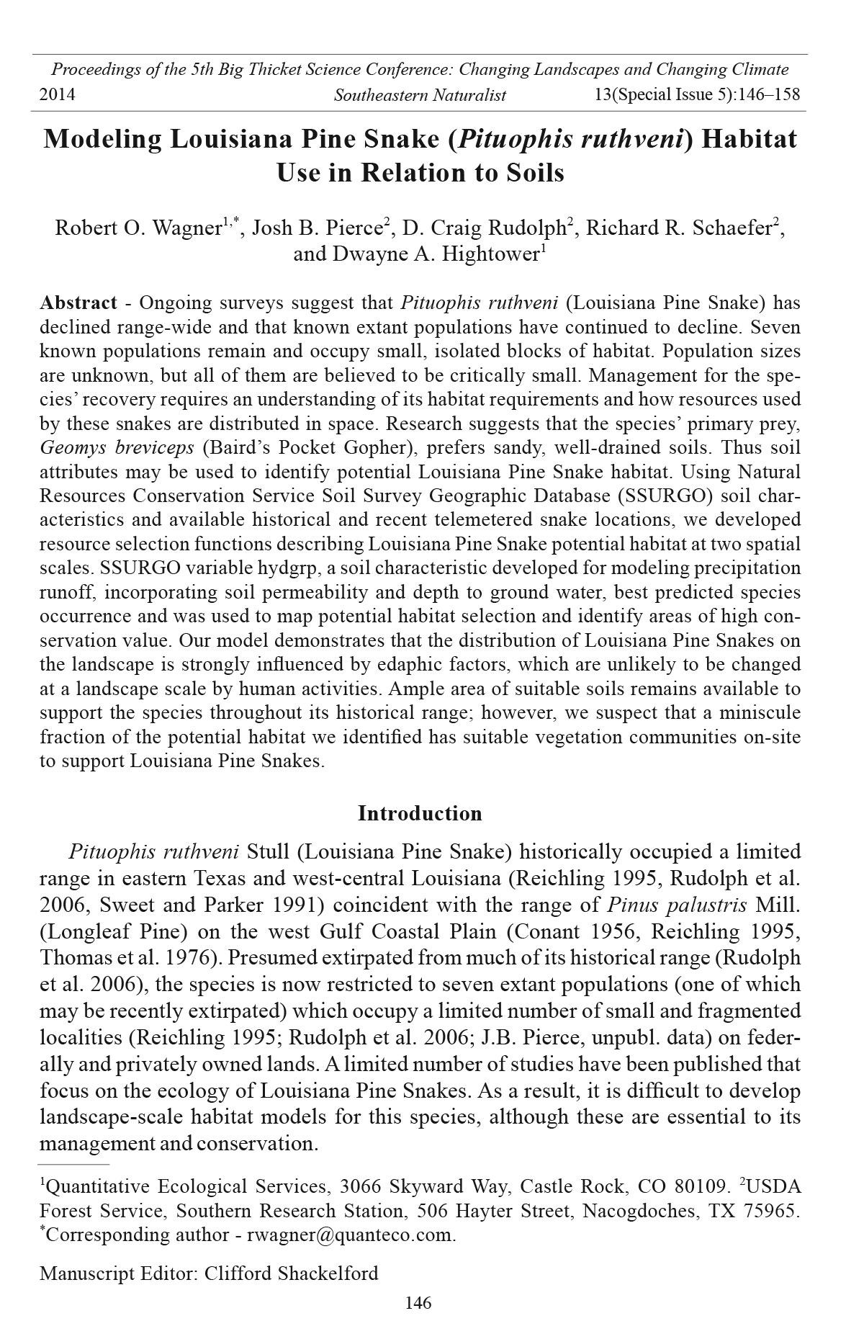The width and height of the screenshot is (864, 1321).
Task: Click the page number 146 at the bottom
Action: tap(418, 1302)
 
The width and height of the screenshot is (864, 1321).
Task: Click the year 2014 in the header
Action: tap(57, 94)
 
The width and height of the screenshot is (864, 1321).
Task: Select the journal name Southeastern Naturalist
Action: tap(420, 94)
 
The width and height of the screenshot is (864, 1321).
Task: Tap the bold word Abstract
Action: tap(78, 303)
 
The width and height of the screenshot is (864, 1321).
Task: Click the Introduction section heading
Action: tap(420, 813)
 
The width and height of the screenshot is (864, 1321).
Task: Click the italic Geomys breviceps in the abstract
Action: tap(117, 447)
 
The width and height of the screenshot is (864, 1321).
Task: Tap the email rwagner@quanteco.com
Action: tap(351, 1235)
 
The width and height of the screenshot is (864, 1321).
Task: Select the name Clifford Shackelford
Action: tap(291, 1273)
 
